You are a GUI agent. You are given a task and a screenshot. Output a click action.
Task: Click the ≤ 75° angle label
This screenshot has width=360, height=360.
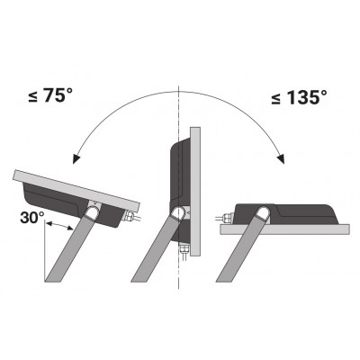point(50,95)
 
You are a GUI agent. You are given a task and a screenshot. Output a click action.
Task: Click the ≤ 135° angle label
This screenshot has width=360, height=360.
point(299,97)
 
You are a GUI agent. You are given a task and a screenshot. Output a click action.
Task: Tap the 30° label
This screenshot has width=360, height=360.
point(32,217)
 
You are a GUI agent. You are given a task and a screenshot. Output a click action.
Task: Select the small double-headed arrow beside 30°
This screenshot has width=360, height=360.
point(60,226)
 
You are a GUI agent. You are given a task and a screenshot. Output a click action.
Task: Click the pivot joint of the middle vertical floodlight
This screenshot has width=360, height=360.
point(178,213)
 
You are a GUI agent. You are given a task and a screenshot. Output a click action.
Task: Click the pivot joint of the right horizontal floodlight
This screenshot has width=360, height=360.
point(262,213)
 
